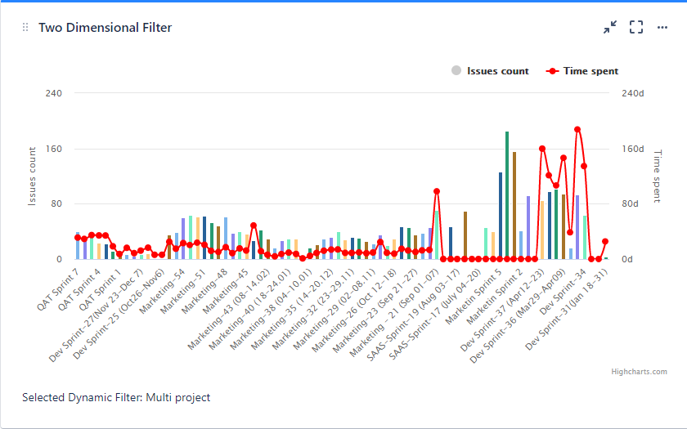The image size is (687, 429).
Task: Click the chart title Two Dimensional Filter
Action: coord(105,28)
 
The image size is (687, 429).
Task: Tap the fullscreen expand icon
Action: coord(636,27)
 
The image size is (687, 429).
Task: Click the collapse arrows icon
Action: coord(610,27)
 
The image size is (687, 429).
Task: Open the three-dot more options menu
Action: coord(662,27)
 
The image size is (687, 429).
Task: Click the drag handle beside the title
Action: coord(25,28)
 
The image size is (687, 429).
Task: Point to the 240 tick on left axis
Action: coord(53,93)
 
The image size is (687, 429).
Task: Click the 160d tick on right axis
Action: coord(634,149)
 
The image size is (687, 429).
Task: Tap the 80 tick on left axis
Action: coord(56,204)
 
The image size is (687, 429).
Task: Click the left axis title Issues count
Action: coord(32,176)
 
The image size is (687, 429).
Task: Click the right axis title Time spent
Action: coord(657,176)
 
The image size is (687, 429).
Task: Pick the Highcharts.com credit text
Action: coord(639,372)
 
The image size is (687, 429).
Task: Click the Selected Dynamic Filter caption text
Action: coord(116,398)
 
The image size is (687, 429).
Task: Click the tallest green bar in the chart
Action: coord(507,194)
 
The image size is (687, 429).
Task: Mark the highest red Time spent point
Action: coord(577,129)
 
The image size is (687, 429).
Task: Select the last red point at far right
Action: coord(605,242)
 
